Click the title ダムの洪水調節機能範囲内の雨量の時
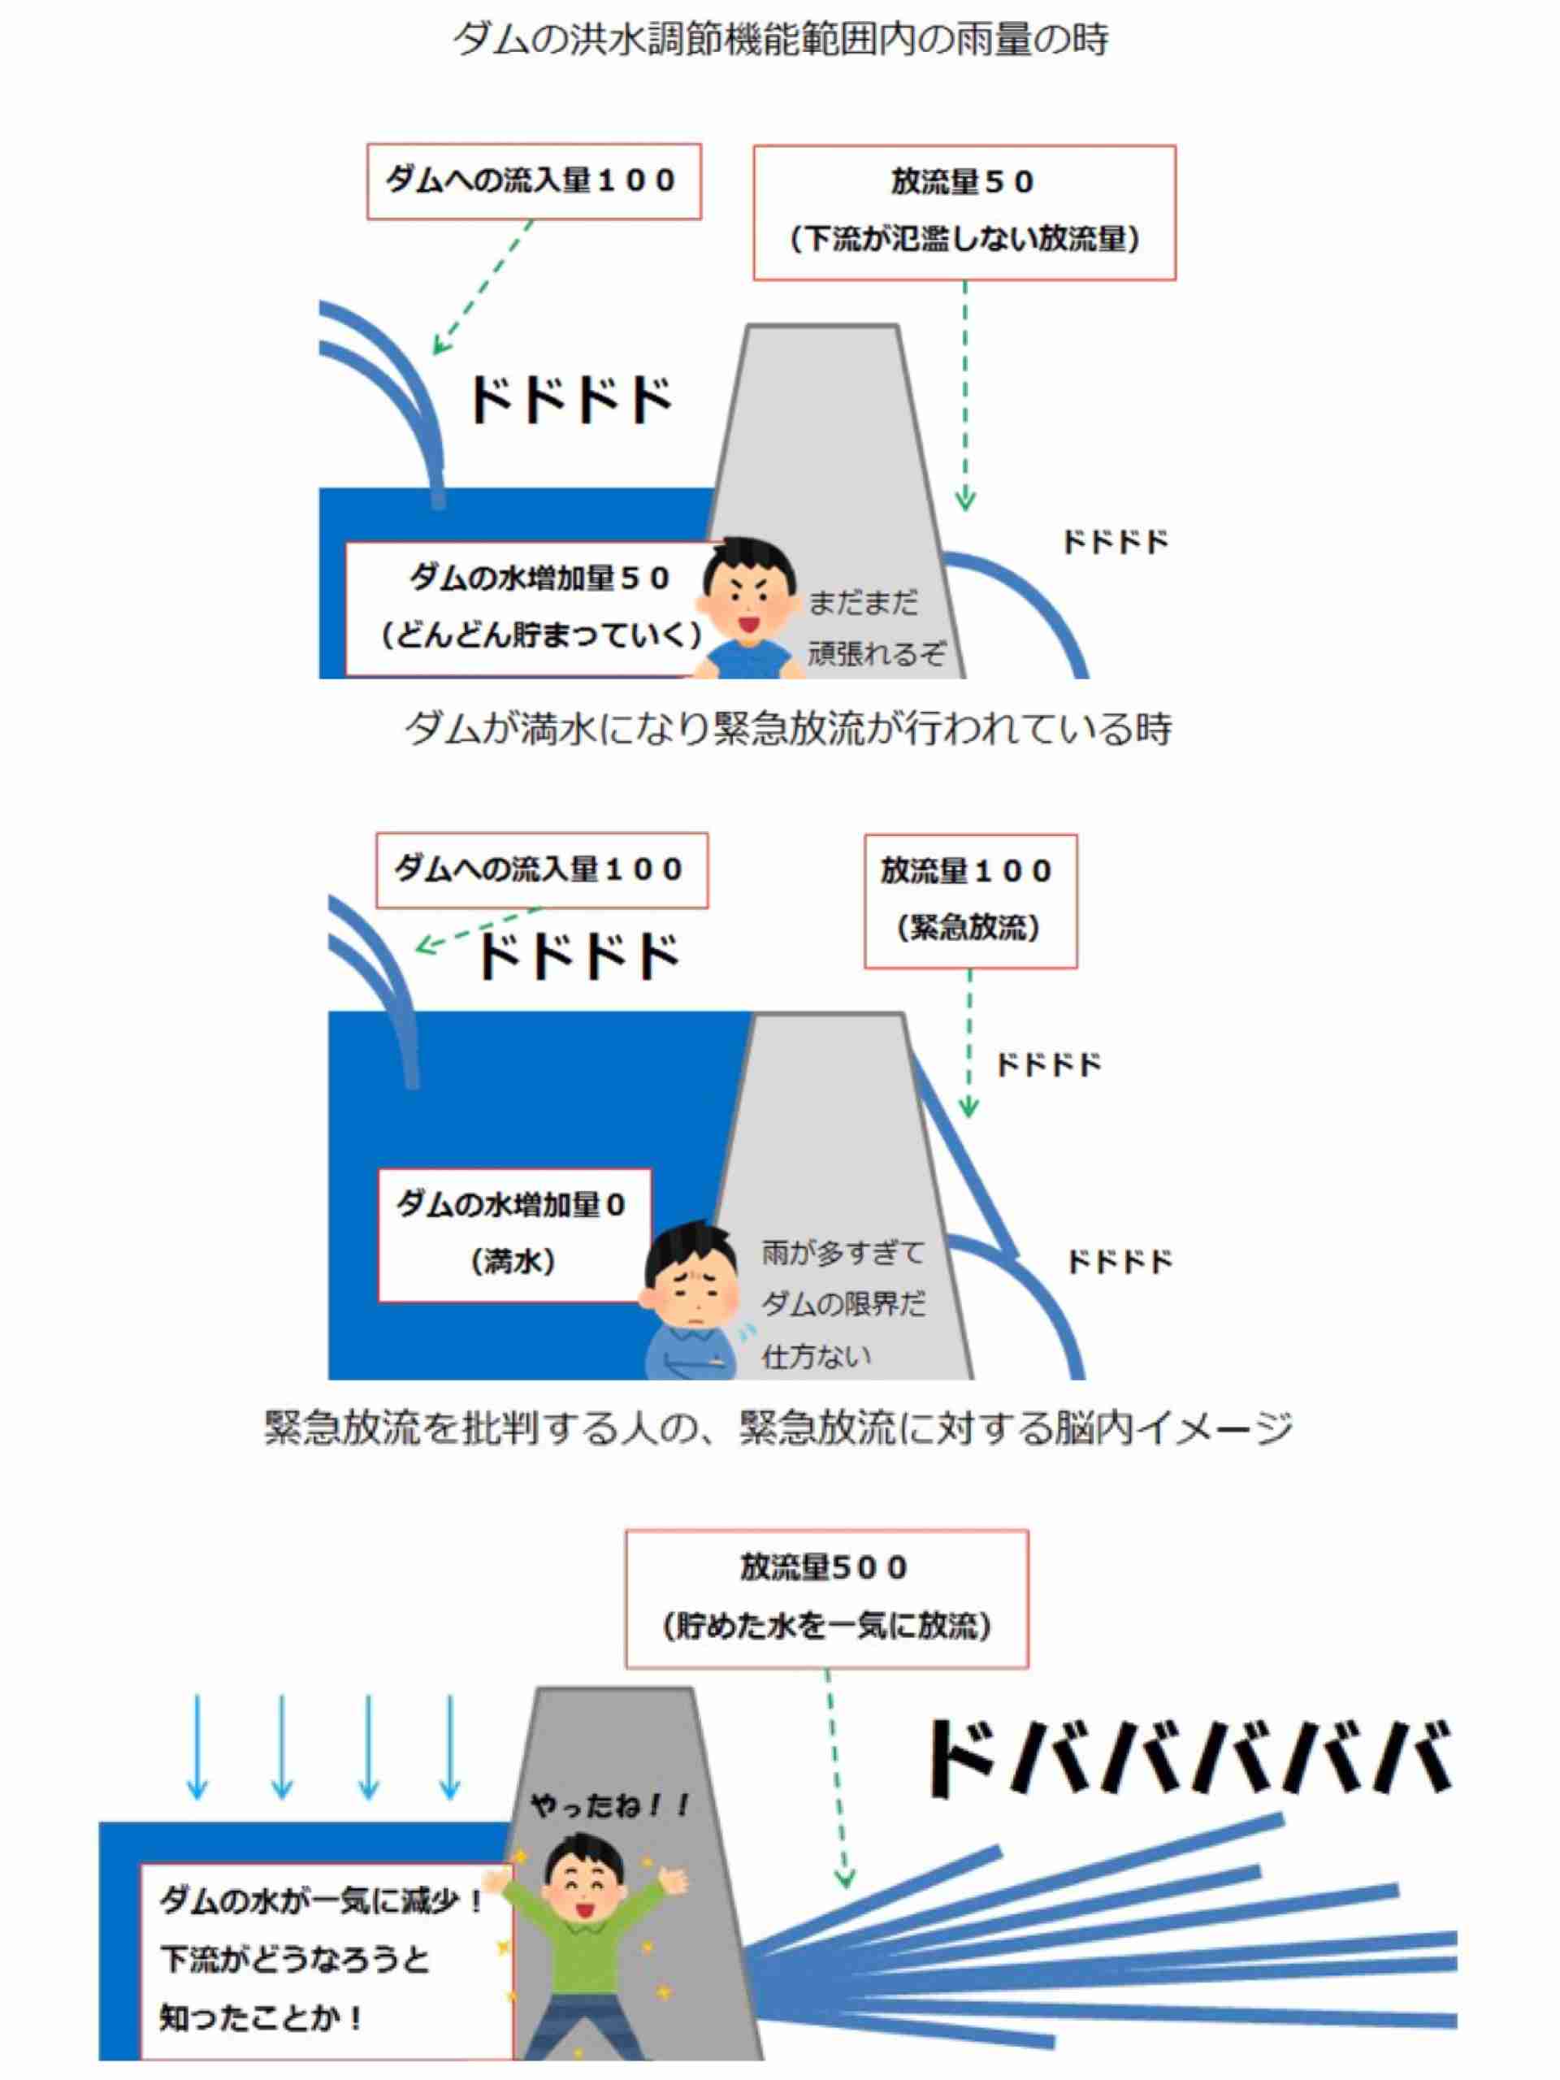(x=781, y=41)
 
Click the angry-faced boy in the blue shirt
(x=748, y=606)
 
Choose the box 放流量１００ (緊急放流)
(x=970, y=901)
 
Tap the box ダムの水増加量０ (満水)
(x=513, y=1235)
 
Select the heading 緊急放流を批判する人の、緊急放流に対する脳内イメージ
(x=778, y=1428)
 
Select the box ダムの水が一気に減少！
(x=325, y=1961)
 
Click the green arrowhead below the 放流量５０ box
(x=964, y=500)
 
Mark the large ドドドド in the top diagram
(x=570, y=400)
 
